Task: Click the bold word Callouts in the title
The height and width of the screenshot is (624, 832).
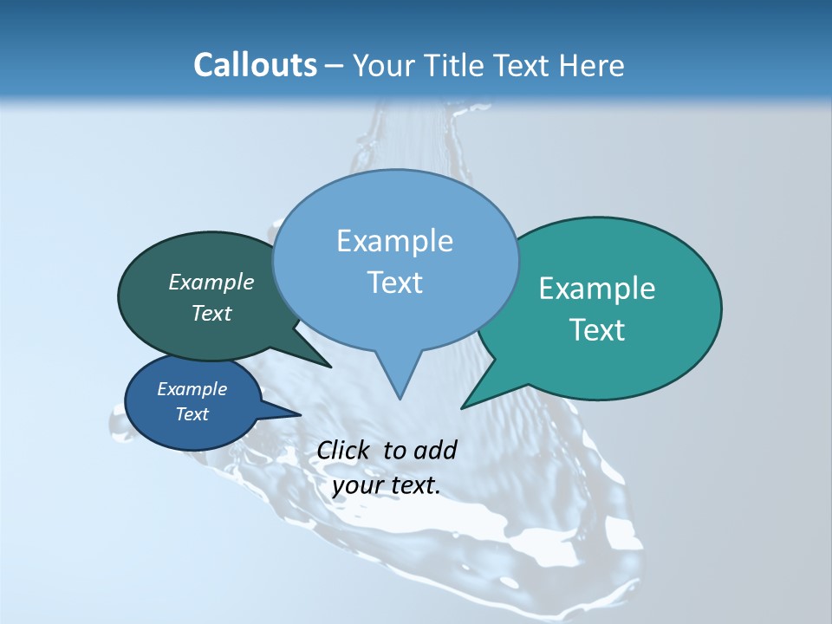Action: (255, 65)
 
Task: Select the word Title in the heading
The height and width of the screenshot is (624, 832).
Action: (453, 65)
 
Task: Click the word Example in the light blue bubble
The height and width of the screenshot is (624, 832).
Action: (394, 241)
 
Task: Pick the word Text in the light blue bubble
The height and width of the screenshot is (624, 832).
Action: (394, 283)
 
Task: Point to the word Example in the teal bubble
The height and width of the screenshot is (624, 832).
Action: (597, 289)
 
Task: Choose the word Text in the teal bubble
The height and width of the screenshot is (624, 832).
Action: (597, 330)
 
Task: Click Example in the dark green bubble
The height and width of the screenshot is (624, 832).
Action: (211, 282)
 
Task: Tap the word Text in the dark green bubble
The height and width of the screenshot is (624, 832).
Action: (211, 314)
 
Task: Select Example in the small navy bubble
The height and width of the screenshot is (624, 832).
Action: (192, 389)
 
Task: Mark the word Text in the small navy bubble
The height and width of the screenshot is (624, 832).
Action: (192, 414)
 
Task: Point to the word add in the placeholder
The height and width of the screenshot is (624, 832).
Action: (435, 450)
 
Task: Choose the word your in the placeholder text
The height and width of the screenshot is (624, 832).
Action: (356, 486)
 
